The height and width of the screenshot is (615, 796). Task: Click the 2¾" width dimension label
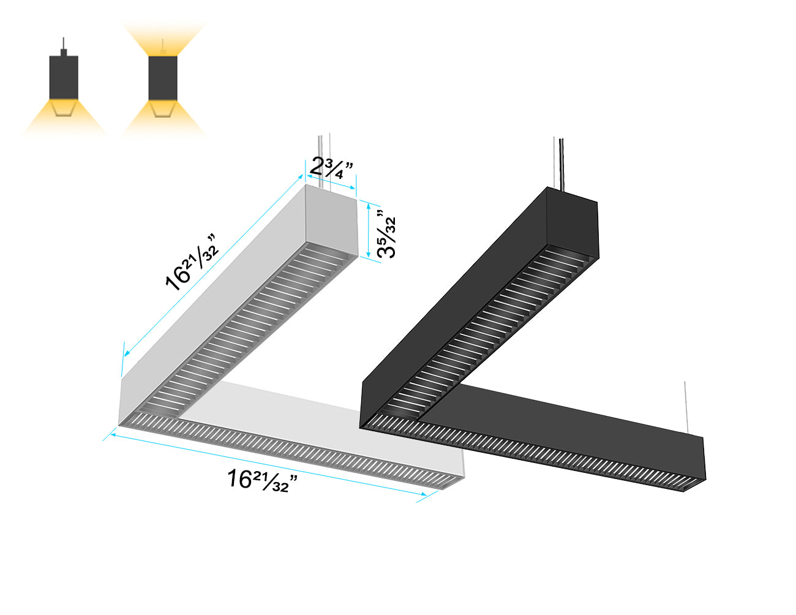[331, 167]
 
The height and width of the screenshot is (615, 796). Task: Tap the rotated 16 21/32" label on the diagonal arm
[192, 262]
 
